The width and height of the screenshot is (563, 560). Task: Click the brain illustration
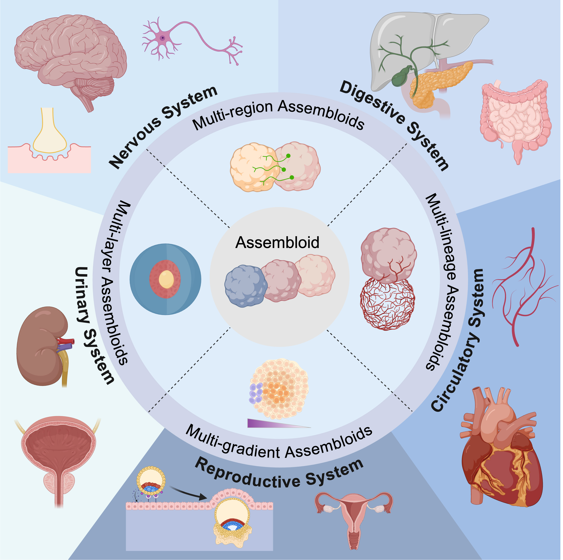pos(70,58)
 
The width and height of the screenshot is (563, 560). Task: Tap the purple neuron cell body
pos(163,38)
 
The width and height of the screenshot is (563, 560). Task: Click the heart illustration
pos(501,454)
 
